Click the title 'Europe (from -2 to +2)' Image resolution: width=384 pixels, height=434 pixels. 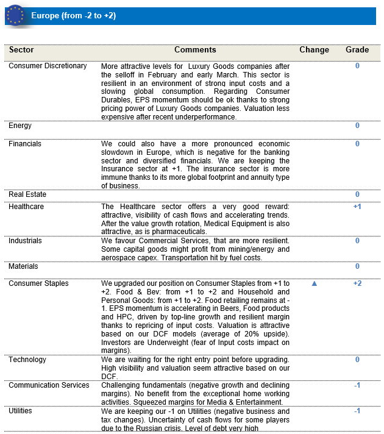point(73,15)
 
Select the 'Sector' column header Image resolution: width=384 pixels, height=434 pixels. point(21,50)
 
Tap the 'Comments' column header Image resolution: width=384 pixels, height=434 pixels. point(195,50)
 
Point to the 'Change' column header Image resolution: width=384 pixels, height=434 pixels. point(314,50)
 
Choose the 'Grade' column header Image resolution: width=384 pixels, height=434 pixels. point(357,50)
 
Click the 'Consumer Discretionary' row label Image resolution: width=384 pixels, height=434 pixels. point(48,66)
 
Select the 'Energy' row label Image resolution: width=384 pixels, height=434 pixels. point(20,126)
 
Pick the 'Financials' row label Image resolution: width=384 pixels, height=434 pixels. point(25,144)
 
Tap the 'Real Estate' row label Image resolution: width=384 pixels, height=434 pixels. point(27,194)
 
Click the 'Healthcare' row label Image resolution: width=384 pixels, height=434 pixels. point(26,207)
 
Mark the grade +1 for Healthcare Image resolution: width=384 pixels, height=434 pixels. point(357,207)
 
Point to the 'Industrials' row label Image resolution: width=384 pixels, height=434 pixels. point(26,241)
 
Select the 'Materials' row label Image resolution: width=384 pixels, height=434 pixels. point(23,266)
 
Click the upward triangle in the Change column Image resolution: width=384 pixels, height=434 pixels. point(315,283)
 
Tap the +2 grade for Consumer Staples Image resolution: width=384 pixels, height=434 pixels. point(357,283)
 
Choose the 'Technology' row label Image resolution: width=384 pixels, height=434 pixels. point(27,360)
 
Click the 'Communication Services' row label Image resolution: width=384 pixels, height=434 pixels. point(49,385)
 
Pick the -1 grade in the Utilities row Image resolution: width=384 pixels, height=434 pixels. point(357,411)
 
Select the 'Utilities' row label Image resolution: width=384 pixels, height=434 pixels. point(21,411)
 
